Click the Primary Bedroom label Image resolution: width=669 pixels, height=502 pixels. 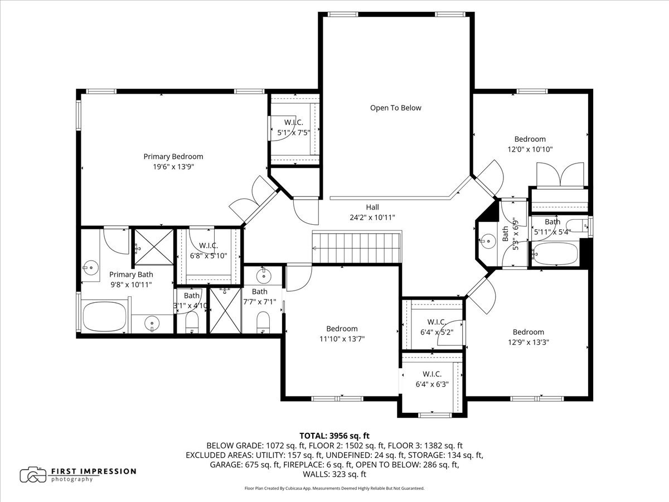tap(173, 156)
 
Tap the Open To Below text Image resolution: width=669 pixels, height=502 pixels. tap(396, 108)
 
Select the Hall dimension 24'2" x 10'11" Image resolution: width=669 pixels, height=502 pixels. tap(372, 218)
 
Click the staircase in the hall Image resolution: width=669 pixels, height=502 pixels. tap(357, 248)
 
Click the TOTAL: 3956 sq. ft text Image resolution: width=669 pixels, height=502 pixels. tap(334, 436)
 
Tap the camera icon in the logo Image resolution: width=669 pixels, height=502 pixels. tap(33, 475)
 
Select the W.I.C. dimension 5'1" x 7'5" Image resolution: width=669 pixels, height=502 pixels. tap(293, 133)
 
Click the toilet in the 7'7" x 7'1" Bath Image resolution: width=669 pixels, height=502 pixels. tap(263, 322)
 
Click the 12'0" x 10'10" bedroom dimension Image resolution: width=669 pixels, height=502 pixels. tap(530, 149)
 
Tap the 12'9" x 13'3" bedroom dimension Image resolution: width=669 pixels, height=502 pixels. tap(528, 342)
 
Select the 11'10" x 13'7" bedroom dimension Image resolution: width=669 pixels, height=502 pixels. tap(342, 339)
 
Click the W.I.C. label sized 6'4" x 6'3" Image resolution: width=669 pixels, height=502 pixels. tap(432, 374)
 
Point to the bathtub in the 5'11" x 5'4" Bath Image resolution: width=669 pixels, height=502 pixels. tap(555, 254)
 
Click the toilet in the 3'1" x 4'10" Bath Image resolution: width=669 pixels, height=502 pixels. tap(192, 323)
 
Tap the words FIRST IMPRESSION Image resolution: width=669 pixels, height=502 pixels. tap(94, 471)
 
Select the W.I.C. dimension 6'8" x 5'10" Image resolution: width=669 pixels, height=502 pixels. tap(209, 255)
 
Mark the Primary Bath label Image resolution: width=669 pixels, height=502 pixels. tap(131, 274)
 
